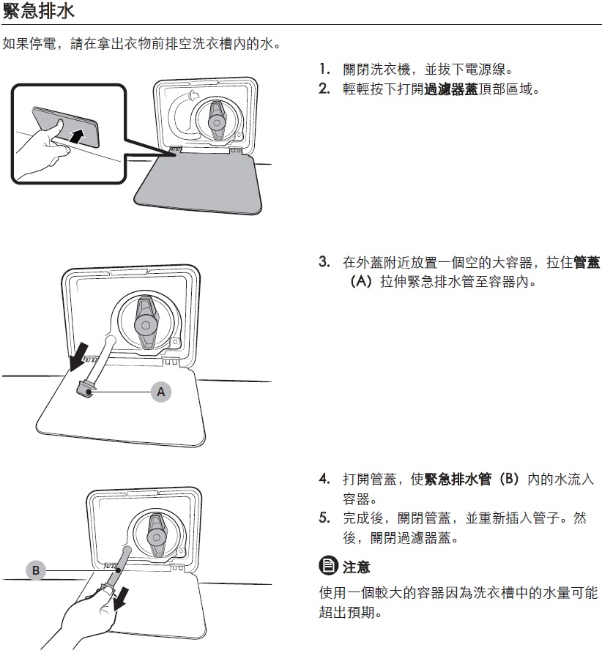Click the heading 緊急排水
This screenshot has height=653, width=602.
pyautogui.click(x=38, y=10)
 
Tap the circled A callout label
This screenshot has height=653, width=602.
pyautogui.click(x=161, y=392)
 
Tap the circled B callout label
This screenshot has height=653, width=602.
pyautogui.click(x=36, y=570)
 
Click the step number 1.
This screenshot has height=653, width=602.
pyautogui.click(x=324, y=69)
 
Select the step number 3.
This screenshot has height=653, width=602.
pyautogui.click(x=324, y=262)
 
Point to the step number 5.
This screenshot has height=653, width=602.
pyautogui.click(x=324, y=518)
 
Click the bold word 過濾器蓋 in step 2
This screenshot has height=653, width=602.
pyautogui.click(x=451, y=89)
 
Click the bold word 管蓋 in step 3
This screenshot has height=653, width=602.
pyautogui.click(x=587, y=262)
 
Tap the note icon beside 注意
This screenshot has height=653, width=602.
pyautogui.click(x=328, y=566)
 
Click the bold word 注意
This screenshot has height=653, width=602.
pyautogui.click(x=356, y=567)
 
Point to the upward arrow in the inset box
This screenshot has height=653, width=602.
pyautogui.click(x=77, y=136)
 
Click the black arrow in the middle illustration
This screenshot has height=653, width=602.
pyautogui.click(x=79, y=357)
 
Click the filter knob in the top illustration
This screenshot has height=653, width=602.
pyautogui.click(x=217, y=121)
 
